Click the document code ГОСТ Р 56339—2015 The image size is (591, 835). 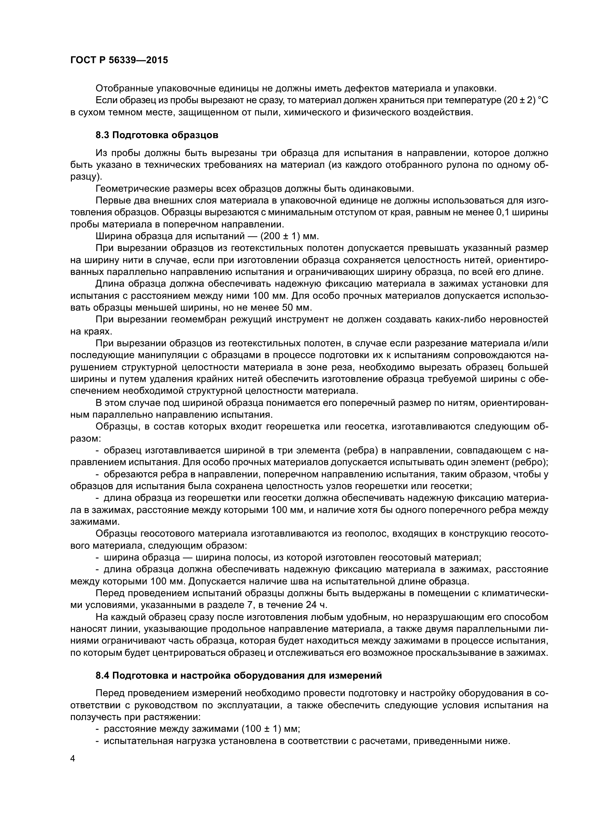click(x=119, y=60)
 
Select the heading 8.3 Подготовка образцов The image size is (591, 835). click(x=157, y=135)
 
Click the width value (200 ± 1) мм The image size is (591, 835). click(x=289, y=236)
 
